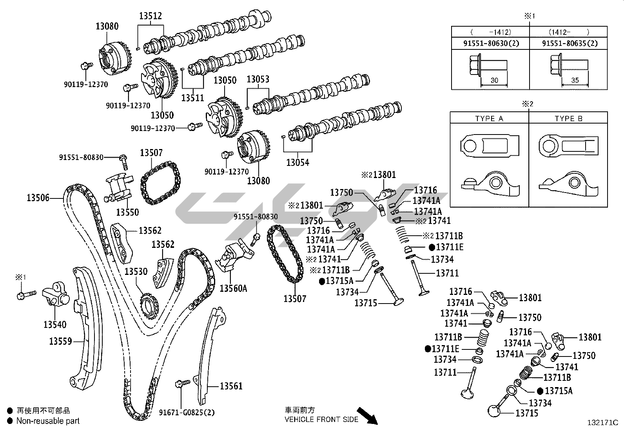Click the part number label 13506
(x=38, y=198)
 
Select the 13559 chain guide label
(x=60, y=341)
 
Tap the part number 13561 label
(x=231, y=386)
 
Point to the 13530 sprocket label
(x=136, y=271)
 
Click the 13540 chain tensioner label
(x=55, y=325)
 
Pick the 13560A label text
(x=233, y=289)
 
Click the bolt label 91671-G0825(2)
(x=187, y=413)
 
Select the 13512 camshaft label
(x=151, y=16)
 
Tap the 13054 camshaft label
(x=297, y=162)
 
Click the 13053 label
(x=258, y=79)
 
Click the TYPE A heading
(x=489, y=118)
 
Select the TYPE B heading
(x=568, y=118)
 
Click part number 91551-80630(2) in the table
(x=491, y=43)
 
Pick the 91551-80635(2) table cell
(x=570, y=43)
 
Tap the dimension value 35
(x=575, y=80)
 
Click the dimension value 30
(x=494, y=80)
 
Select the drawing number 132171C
(x=602, y=423)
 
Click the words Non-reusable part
(x=48, y=421)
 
